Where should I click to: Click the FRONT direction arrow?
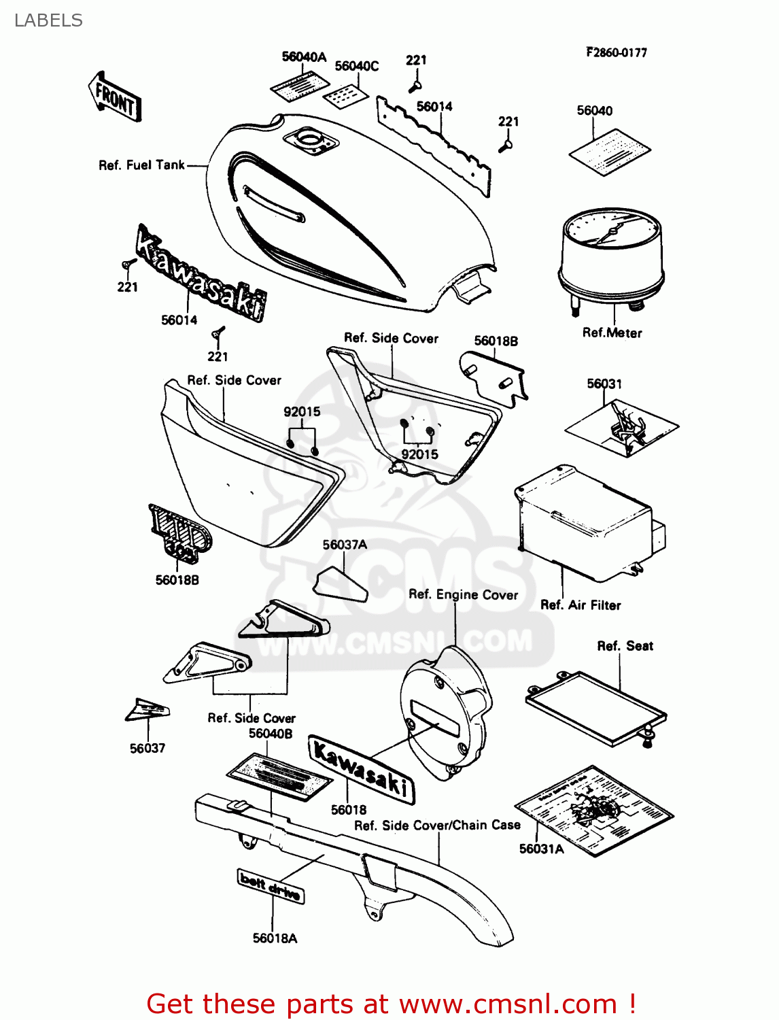[x=114, y=97]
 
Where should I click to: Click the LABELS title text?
[x=48, y=20]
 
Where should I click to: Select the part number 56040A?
[x=304, y=57]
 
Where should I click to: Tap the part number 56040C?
[x=357, y=66]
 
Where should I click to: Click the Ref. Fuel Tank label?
[x=141, y=165]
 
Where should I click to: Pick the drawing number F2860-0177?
[x=616, y=52]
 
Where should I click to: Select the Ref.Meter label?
[x=612, y=333]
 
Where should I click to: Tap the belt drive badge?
[x=271, y=886]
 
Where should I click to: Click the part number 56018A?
[x=275, y=938]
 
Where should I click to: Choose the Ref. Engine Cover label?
[x=463, y=594]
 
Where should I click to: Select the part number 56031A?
[x=541, y=849]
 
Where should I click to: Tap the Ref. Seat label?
[x=625, y=646]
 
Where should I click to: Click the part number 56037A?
[x=345, y=545]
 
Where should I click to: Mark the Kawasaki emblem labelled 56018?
[x=361, y=769]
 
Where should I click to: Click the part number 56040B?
[x=271, y=733]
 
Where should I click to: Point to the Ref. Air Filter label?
[x=580, y=605]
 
